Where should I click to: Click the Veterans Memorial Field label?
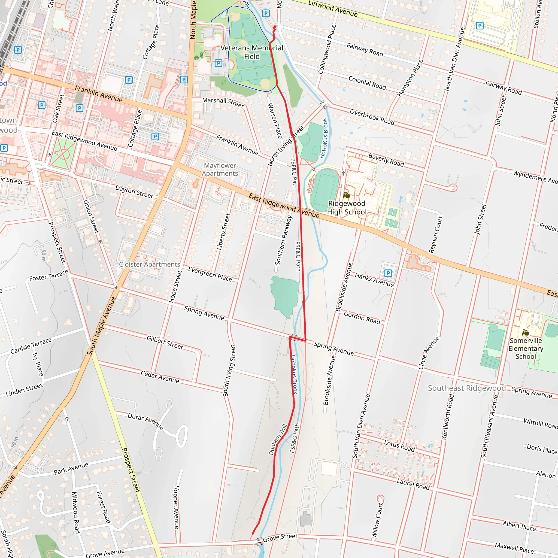click(x=252, y=52)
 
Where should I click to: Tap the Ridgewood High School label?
click(x=347, y=208)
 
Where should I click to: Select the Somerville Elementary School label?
click(x=526, y=348)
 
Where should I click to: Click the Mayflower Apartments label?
click(x=220, y=169)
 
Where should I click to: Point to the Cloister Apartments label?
click(x=149, y=265)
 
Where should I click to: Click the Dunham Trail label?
click(x=278, y=439)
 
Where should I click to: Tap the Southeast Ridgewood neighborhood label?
click(x=467, y=388)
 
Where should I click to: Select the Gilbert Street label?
click(x=165, y=342)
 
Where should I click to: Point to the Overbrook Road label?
click(x=372, y=117)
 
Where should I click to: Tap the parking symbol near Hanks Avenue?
click(x=388, y=273)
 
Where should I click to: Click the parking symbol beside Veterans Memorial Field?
click(x=218, y=63)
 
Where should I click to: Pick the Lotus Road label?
click(x=399, y=446)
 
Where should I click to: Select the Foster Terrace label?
click(x=49, y=275)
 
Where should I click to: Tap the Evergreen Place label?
click(x=210, y=274)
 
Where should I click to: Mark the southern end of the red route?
click(x=252, y=534)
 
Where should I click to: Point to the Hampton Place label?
click(x=410, y=78)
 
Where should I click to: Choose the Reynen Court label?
click(x=436, y=235)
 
